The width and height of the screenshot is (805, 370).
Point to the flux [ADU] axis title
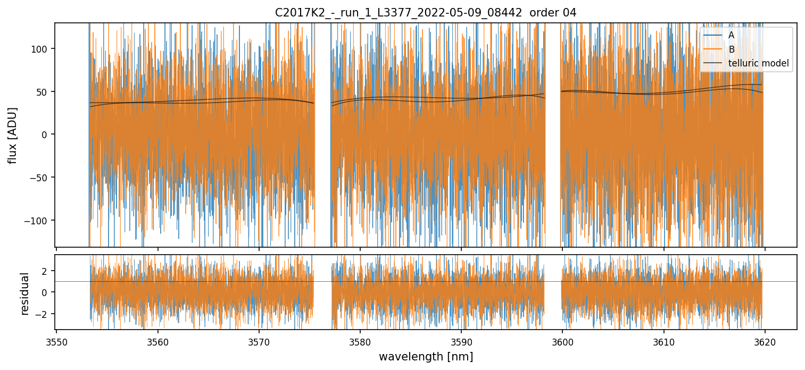(x=12, y=135)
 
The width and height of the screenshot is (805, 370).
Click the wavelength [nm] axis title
(x=426, y=356)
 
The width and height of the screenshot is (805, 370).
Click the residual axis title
(x=24, y=293)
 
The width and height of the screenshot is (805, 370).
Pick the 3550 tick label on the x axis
(x=56, y=342)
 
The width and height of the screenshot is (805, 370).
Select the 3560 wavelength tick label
(x=157, y=342)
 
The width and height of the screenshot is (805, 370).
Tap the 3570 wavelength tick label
(x=259, y=342)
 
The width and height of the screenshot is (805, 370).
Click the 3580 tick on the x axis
(x=360, y=342)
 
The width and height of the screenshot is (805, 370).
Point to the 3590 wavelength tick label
(x=461, y=342)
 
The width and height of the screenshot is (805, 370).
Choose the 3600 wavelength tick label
(x=562, y=342)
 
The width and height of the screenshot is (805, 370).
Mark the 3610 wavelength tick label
(x=664, y=342)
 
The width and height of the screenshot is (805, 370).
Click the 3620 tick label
(x=765, y=342)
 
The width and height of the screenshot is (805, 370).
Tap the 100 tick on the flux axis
(x=42, y=49)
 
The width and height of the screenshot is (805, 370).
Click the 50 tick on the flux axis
(x=44, y=92)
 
